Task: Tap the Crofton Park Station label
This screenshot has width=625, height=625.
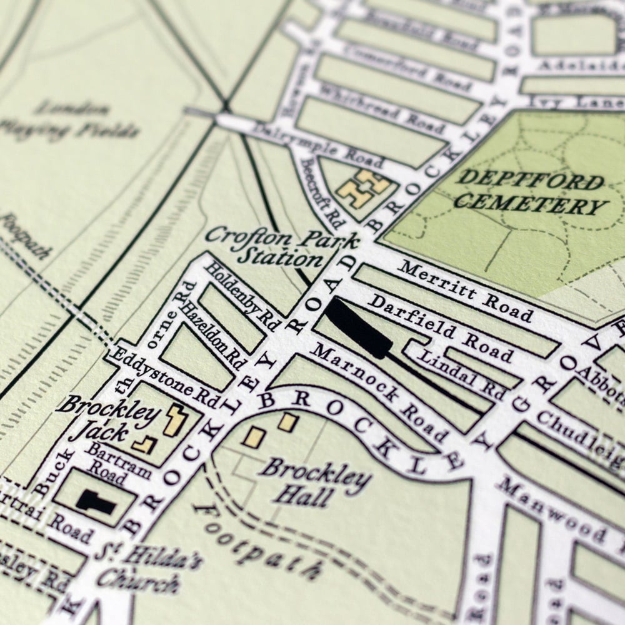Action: (281, 247)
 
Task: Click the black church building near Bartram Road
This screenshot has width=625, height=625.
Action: (96, 501)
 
